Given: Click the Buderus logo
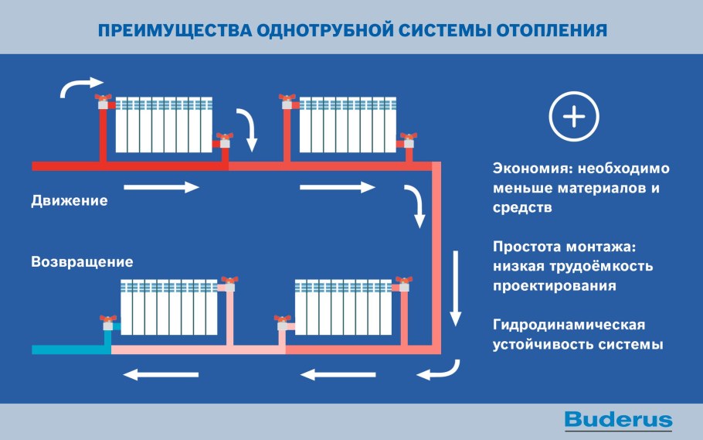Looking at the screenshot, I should pos(618,420).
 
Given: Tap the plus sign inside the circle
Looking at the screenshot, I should pos(574,118).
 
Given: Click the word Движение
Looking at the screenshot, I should pos(70,200).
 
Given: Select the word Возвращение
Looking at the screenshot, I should pos(82,261).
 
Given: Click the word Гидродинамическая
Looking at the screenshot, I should pos(569,324).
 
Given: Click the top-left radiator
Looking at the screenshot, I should pos(164,124).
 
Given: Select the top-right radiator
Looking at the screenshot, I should pos(348,124).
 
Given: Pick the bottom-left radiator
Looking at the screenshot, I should pos(168,307).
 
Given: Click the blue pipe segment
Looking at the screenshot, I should pos(70,350).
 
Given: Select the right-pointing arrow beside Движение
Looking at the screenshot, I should pos(161,187).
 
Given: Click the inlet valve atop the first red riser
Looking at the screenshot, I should pos(102,100).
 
